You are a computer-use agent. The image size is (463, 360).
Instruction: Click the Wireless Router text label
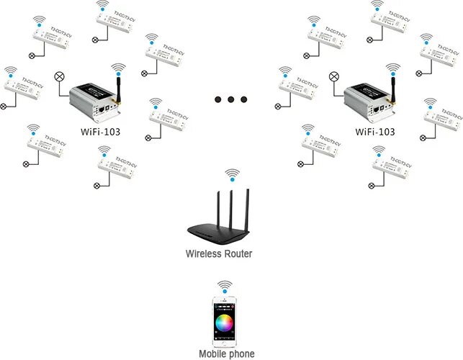coord(219,253)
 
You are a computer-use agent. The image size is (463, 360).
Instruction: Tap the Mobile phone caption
coord(227,354)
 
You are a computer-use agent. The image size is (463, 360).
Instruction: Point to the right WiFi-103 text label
coord(374,132)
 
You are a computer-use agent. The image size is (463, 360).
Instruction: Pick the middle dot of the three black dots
coord(231,99)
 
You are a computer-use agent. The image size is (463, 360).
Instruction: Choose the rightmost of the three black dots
coord(244,99)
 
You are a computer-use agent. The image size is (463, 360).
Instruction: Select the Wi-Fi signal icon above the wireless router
coord(231,174)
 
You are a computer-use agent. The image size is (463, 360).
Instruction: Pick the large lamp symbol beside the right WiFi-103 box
coord(334,76)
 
